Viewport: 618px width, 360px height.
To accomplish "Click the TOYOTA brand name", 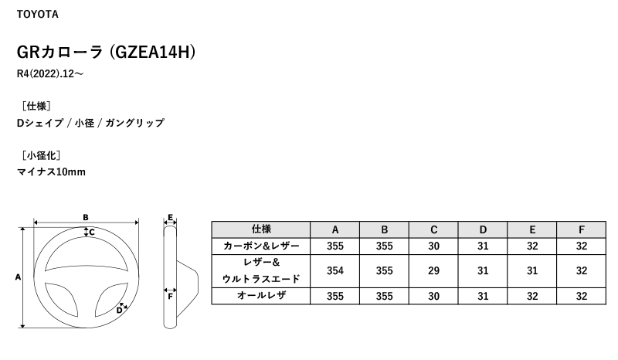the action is pos(37,14).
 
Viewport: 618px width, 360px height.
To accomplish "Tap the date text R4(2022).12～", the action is pos(50,73).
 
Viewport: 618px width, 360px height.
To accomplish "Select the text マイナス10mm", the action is pos(51,172).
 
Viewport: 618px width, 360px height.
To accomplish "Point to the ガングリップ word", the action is pos(134,123).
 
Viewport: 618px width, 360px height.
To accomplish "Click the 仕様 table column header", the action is pos(261,229).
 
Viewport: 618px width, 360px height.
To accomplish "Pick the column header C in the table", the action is pos(433,229).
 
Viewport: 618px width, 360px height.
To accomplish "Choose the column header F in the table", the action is pos(582,229).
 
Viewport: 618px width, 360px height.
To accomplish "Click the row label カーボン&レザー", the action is pos(261,246).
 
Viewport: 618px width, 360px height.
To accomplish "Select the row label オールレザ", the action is pos(261,295).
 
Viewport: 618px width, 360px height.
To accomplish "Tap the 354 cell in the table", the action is pos(335,271).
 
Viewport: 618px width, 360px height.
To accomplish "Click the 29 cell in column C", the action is pos(433,271).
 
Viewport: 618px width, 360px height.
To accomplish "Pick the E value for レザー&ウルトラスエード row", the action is pos(532,271).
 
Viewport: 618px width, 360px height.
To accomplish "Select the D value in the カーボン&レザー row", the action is pos(483,246).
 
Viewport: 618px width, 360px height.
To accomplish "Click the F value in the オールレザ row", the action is pos(582,296).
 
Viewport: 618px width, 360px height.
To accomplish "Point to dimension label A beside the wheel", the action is pos(18,277).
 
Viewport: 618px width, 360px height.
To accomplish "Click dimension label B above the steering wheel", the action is pos(86,217).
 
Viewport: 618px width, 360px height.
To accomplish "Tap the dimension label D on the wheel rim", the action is pos(119,311).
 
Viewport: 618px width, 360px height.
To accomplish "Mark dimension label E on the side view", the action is pos(170,217).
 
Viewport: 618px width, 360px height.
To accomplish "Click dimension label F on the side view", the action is pos(170,296).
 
